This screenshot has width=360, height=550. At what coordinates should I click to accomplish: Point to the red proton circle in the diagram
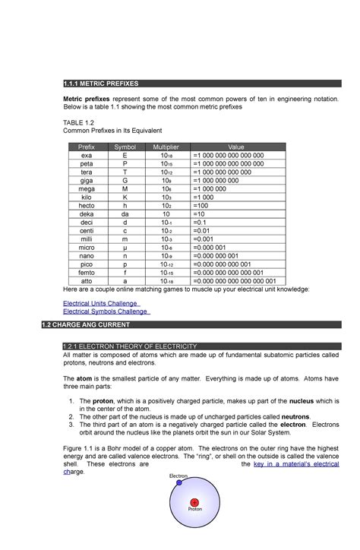tap(195, 504)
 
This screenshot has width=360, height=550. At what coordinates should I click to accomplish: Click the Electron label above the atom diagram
tap(180, 477)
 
